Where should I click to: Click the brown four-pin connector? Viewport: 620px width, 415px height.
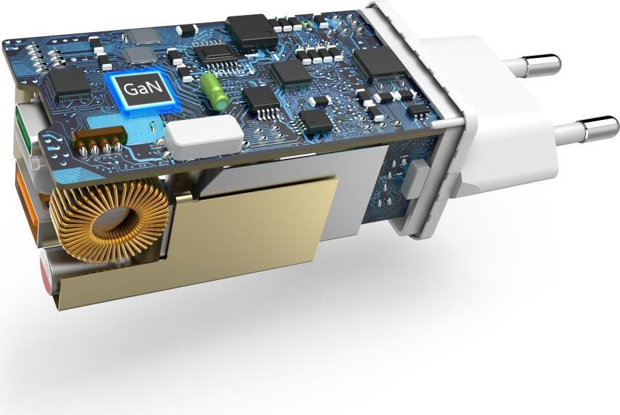tap(99, 140)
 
